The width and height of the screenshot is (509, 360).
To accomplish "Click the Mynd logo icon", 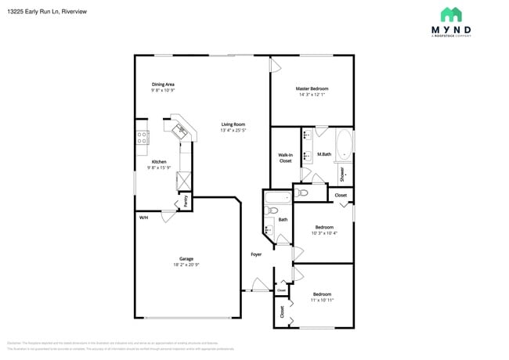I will click(x=450, y=14).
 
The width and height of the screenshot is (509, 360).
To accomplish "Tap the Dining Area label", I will click(x=163, y=84).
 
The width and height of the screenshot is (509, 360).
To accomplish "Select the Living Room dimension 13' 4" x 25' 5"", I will click(x=233, y=131).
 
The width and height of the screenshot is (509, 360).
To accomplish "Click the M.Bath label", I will click(x=323, y=155).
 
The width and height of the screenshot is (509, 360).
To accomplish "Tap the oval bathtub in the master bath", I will click(x=344, y=146).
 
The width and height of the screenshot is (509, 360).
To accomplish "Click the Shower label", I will click(x=342, y=174).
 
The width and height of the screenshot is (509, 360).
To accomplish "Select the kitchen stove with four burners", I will click(x=143, y=139).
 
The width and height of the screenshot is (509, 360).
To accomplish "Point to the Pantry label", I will click(x=186, y=201).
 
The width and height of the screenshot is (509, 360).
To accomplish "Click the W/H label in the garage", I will click(x=143, y=217).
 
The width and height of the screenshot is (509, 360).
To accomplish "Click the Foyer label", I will click(x=256, y=254).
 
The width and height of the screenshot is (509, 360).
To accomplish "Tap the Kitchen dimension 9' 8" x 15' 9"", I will click(x=159, y=167).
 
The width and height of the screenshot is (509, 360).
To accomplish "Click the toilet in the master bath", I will click(x=303, y=191).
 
